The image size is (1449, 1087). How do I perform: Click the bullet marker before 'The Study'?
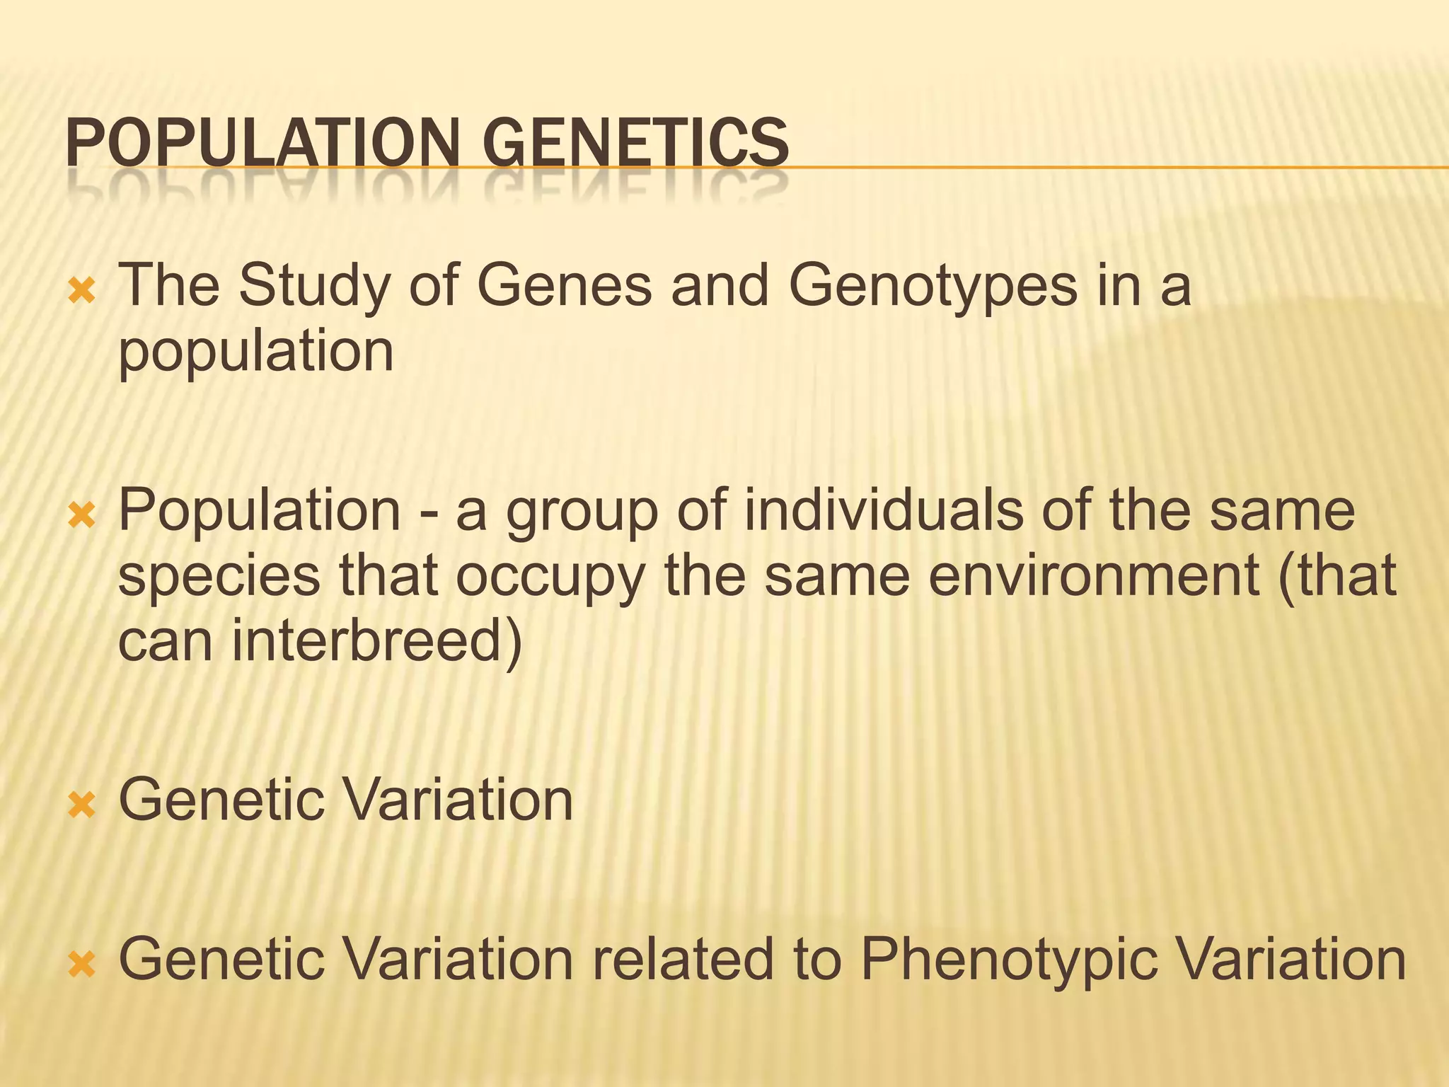point(82,291)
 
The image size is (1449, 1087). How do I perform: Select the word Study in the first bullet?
point(314,287)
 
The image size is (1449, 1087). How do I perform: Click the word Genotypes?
point(933,287)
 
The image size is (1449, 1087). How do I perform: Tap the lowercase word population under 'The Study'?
point(255,352)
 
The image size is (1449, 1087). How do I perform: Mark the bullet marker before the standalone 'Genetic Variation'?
point(82,805)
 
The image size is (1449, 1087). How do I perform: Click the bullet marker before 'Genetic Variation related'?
point(82,964)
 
